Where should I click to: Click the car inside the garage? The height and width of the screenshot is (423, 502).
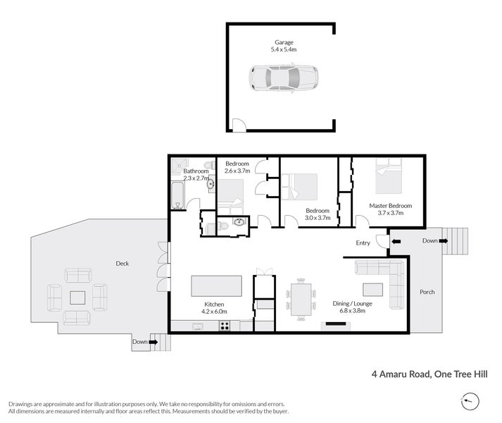click(x=284, y=78)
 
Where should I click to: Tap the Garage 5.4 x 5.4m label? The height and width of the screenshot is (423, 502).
click(x=284, y=46)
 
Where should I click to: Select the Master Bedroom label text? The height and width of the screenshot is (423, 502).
click(x=391, y=209)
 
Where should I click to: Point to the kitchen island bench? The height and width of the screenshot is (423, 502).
click(x=217, y=286)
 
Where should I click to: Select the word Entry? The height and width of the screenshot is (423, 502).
click(x=363, y=243)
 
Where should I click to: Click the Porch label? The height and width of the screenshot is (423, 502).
click(x=427, y=292)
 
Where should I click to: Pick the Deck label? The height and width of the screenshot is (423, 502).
click(x=123, y=264)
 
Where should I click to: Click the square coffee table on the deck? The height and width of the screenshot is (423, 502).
click(x=77, y=298)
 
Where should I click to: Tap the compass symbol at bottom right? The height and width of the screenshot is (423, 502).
click(x=470, y=401)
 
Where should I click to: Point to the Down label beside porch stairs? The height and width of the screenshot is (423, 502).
click(x=429, y=241)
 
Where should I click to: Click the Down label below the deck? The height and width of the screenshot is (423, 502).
click(x=139, y=342)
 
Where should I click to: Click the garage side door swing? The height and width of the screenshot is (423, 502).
click(x=239, y=125)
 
